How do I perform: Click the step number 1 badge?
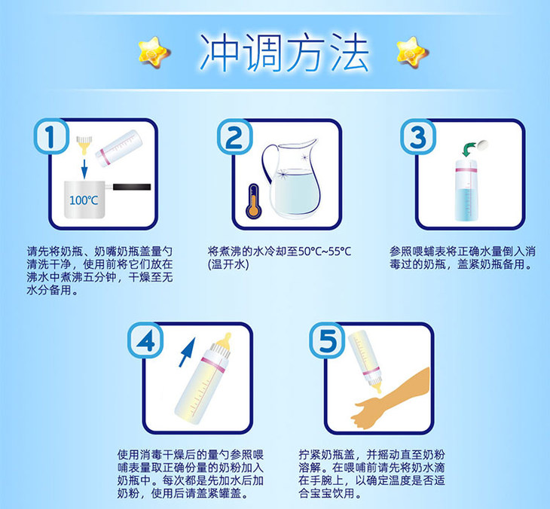tap(51, 136)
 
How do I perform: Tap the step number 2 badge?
tap(234, 137)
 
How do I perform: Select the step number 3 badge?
tap(418, 137)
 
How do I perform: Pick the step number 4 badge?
tap(145, 340)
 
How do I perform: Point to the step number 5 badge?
tap(327, 340)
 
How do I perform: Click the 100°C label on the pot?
tap(84, 200)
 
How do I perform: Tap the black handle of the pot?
tap(132, 187)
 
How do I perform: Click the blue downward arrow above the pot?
tap(84, 169)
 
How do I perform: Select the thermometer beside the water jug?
tap(254, 203)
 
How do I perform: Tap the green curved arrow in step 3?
tap(469, 149)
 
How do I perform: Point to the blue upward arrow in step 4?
tap(187, 352)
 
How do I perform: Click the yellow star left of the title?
tap(154, 53)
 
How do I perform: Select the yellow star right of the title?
tap(413, 53)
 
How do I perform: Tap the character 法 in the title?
tap(350, 53)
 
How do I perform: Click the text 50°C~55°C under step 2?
tap(325, 251)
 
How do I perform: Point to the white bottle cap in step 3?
tap(482, 144)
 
